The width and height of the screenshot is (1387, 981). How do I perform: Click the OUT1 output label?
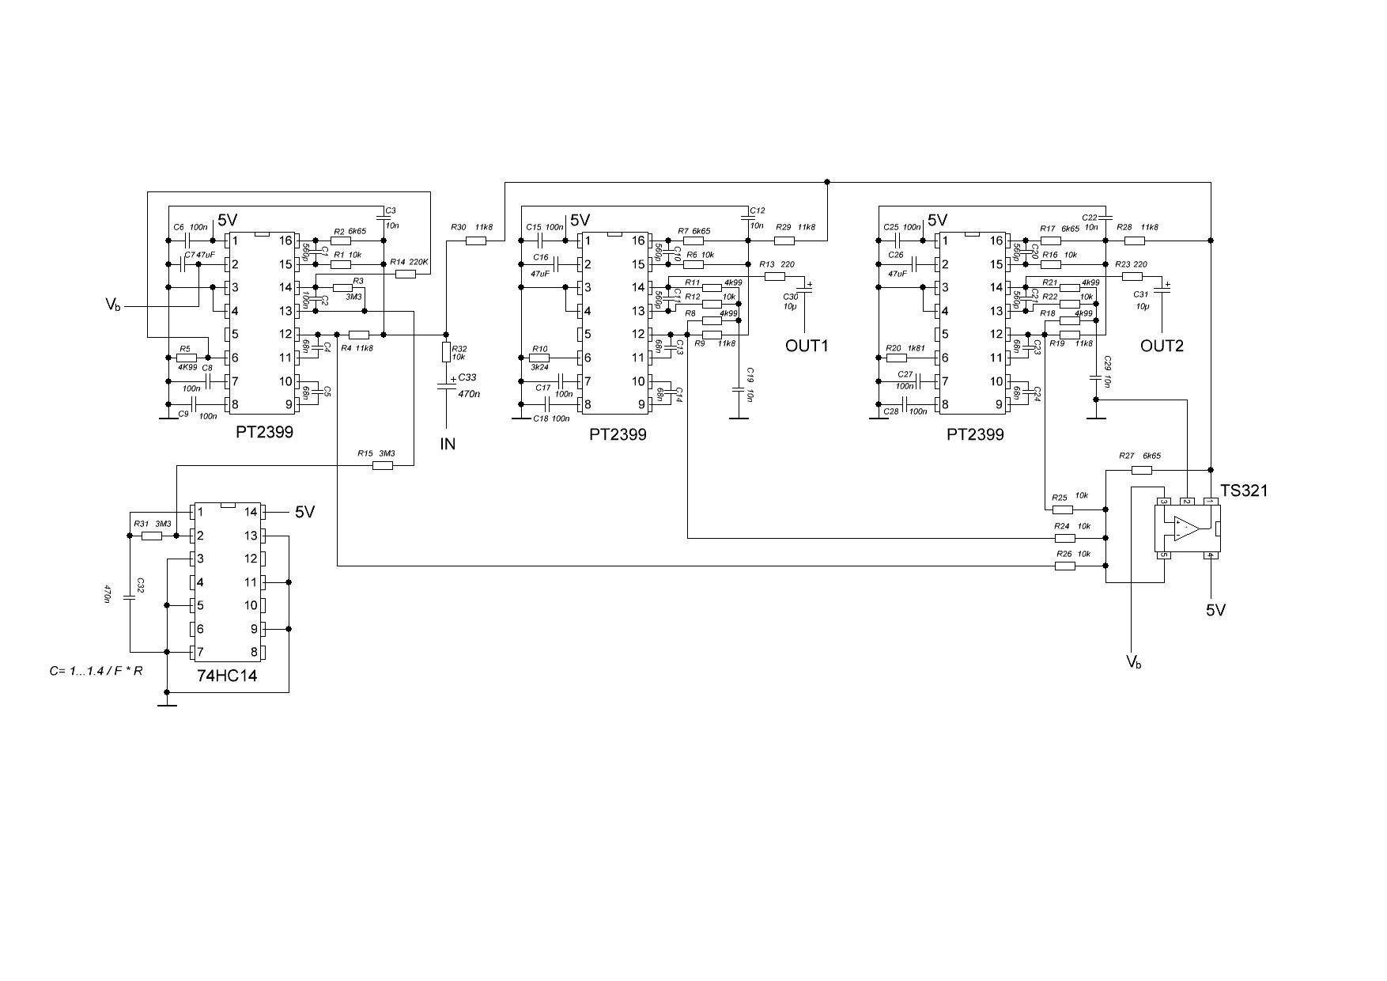[x=806, y=346]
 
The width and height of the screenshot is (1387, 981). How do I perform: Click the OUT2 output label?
[x=1162, y=346]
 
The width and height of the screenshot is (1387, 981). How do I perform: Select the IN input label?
[x=448, y=444]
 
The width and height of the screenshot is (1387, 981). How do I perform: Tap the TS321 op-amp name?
[x=1244, y=490]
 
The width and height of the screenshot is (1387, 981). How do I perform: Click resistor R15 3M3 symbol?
[x=382, y=466]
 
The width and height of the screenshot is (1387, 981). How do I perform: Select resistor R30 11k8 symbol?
[x=475, y=241]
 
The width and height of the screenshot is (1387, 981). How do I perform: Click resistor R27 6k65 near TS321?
[x=1141, y=470]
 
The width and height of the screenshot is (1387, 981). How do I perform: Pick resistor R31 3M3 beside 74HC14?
[x=152, y=536]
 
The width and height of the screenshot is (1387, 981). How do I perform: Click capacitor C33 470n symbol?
[x=446, y=385]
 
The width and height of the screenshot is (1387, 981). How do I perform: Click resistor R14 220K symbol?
[x=405, y=274]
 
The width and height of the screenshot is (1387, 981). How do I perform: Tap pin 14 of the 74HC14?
[x=251, y=513]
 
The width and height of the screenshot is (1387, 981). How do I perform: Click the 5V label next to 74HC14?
[x=305, y=513]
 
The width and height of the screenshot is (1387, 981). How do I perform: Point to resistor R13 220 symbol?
[x=774, y=276]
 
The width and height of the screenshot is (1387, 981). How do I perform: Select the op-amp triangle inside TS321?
[x=1185, y=528]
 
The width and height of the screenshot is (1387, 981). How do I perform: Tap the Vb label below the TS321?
[x=1134, y=661]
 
